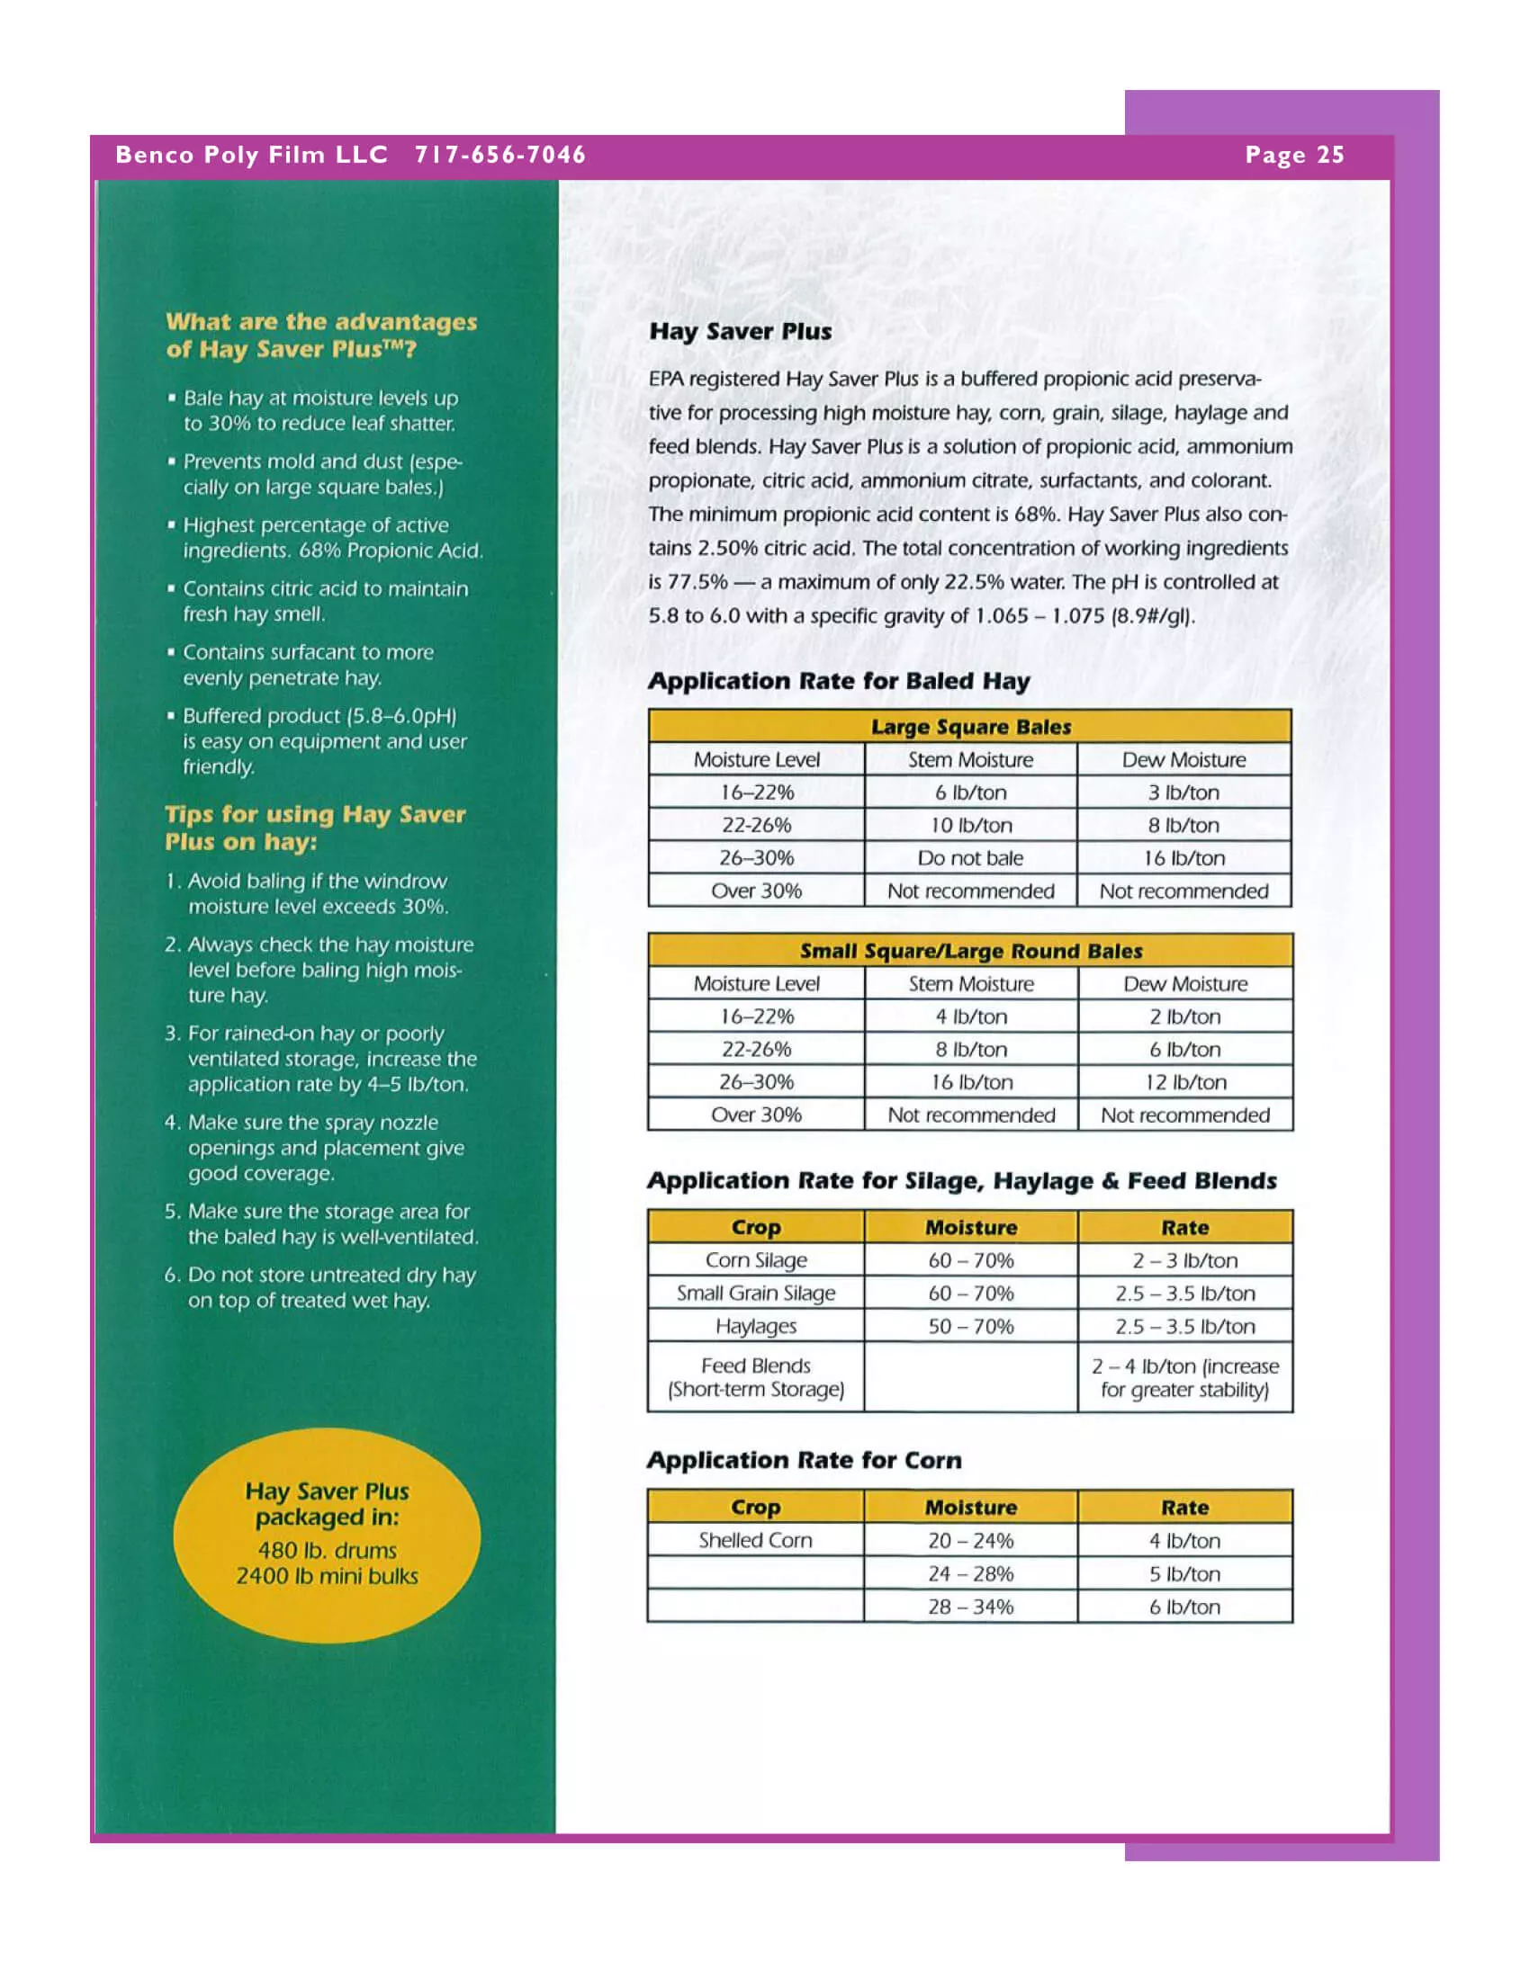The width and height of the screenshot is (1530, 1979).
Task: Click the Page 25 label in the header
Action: tap(1293, 155)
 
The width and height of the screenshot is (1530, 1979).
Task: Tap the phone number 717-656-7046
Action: tap(500, 155)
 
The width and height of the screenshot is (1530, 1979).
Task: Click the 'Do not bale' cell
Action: tap(970, 858)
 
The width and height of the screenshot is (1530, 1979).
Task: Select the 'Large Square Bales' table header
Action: tap(970, 727)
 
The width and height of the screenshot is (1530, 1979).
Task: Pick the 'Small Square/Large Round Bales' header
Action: tap(970, 951)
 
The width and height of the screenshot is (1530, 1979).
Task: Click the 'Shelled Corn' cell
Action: tap(755, 1540)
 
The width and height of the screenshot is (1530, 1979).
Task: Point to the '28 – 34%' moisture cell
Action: tap(970, 1607)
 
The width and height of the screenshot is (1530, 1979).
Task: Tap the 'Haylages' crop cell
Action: tap(755, 1327)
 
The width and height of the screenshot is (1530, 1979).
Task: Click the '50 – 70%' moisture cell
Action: tap(970, 1327)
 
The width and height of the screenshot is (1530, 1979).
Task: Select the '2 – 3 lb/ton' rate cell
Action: tap(1184, 1260)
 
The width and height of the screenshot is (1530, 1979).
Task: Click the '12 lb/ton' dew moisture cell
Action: tap(1184, 1082)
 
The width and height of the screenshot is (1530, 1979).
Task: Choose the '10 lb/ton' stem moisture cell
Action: tap(970, 826)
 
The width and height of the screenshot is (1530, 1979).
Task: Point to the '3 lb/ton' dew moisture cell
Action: tap(1183, 792)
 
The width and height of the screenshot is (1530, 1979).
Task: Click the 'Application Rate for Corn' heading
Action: tap(804, 1461)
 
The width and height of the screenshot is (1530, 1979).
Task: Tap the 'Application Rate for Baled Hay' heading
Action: tap(839, 682)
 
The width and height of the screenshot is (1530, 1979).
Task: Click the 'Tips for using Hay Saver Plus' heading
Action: tap(314, 828)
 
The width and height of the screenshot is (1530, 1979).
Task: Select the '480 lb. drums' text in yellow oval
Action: tap(327, 1551)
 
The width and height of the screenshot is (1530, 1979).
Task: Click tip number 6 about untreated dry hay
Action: tap(321, 1287)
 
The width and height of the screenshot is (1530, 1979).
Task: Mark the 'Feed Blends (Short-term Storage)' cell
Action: tap(755, 1377)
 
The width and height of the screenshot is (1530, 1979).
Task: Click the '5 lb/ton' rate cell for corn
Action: tap(1184, 1574)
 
